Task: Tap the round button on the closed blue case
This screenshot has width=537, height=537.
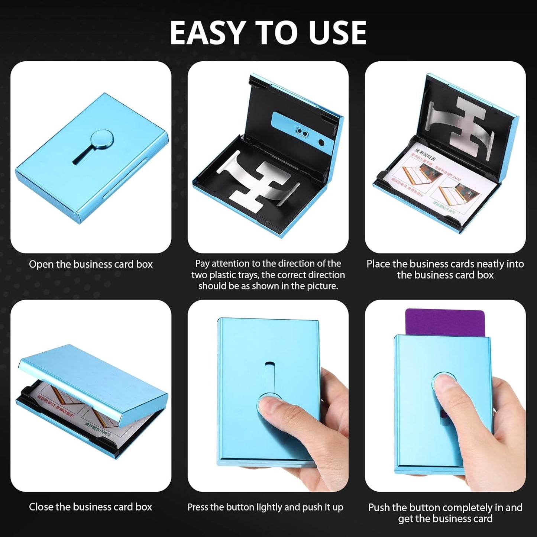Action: click(101, 139)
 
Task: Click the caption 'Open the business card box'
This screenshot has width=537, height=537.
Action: click(91, 264)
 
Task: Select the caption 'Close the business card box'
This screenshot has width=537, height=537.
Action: click(91, 507)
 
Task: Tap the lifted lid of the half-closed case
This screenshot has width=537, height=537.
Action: click(93, 375)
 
